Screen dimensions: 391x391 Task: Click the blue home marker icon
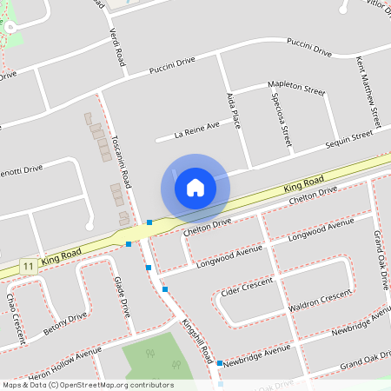[x=195, y=187]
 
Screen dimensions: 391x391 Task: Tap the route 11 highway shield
[x=29, y=265]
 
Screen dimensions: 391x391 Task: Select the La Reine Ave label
[x=196, y=130]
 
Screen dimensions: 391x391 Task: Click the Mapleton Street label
[x=296, y=89]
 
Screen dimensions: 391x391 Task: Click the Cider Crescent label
[x=248, y=286]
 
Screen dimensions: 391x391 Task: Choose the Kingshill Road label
[x=198, y=341]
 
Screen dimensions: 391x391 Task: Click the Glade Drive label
[x=124, y=297]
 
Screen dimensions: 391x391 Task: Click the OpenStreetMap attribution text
[x=88, y=385]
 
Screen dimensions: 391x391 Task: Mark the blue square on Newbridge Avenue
[x=220, y=362]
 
